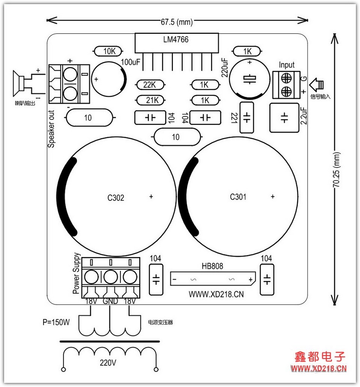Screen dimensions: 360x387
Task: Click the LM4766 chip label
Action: pos(176,39)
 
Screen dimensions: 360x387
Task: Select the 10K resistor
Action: pos(108,51)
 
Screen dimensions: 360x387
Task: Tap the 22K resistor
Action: pos(150,85)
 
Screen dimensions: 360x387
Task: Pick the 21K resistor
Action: pos(150,100)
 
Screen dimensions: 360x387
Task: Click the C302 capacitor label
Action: pos(115,198)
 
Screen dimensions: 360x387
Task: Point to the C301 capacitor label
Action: pos(238,197)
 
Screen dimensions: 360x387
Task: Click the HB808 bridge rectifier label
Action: pos(212,266)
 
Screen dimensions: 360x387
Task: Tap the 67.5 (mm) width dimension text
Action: pos(177,22)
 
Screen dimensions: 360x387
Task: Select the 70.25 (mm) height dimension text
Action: pos(337,169)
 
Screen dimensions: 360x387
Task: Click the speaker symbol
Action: pos(18,83)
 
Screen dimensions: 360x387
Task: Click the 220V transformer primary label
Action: pos(108,363)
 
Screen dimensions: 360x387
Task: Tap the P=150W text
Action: pos(56,322)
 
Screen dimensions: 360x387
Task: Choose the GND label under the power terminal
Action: pos(110,301)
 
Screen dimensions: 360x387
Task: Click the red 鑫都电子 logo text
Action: pos(320,357)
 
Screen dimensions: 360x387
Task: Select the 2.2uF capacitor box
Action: pos(284,118)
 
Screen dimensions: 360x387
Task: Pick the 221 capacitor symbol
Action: pos(247,117)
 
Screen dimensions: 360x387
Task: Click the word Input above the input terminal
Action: pos(286,65)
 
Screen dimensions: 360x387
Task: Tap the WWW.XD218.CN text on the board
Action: pos(216,294)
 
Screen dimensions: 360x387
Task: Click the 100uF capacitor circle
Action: pos(109,79)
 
